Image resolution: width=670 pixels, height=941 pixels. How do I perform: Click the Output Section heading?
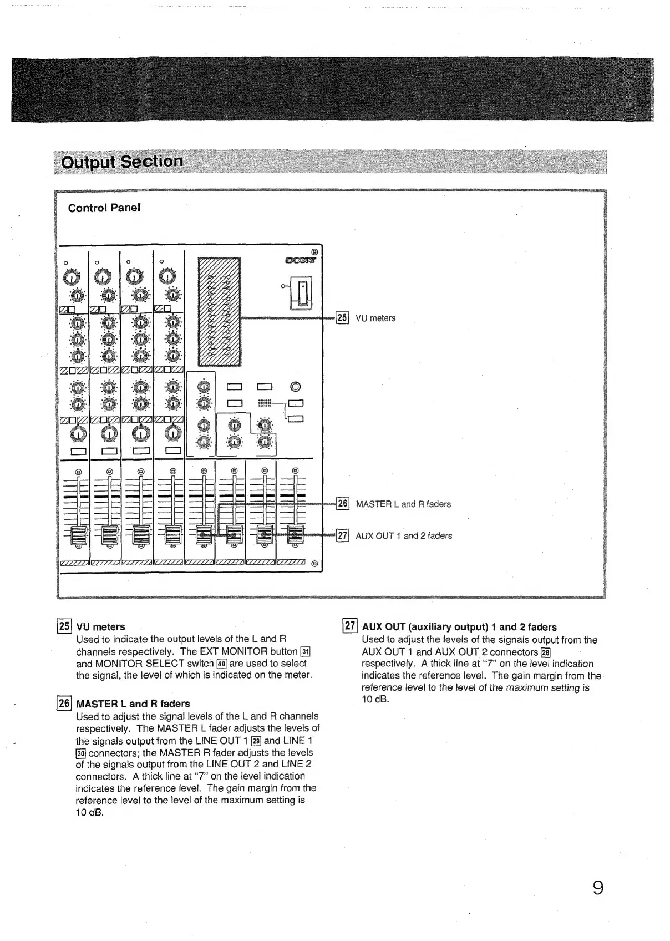[122, 161]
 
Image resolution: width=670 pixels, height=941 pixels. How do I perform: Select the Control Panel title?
[104, 208]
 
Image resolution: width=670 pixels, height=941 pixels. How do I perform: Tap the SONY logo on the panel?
[300, 259]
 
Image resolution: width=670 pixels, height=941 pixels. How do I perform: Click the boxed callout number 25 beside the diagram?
[342, 318]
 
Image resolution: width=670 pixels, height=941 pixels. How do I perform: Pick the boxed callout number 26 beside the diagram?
[343, 504]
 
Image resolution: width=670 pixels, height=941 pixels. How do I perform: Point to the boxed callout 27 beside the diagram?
[343, 535]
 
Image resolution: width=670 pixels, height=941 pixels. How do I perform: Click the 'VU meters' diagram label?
[375, 318]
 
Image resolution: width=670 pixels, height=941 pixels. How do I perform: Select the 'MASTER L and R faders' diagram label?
[403, 504]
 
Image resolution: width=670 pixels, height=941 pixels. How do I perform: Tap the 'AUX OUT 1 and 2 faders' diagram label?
[404, 536]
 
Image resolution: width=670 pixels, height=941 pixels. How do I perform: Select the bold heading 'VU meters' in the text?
[100, 627]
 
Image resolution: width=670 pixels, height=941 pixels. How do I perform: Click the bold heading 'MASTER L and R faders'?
[133, 704]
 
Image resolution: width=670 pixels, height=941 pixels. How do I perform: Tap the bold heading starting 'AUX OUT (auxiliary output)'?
[459, 627]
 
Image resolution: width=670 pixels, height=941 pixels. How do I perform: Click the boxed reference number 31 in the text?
[305, 651]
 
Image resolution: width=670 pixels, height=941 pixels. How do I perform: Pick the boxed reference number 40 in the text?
[221, 664]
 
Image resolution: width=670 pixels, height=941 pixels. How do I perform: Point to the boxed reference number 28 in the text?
[545, 652]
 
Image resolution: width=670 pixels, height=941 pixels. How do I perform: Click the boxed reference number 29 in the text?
[256, 741]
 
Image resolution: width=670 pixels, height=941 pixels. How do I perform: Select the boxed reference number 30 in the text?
[80, 753]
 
